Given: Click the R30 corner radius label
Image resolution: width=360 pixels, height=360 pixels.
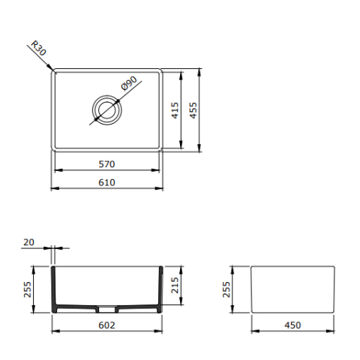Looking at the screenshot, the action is tap(38, 48).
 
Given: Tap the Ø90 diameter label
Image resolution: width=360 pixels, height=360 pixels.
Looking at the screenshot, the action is tap(129, 83).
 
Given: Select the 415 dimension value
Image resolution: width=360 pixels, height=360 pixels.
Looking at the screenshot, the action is tap(175, 110).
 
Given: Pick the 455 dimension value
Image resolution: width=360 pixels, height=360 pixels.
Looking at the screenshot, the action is tap(193, 110).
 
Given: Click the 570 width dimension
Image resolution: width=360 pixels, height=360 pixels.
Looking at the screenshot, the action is tap(106, 164).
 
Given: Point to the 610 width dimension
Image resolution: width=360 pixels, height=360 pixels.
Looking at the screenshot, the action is tap(106, 182).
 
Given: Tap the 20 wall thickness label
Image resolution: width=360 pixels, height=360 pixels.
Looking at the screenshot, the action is tap(28, 242).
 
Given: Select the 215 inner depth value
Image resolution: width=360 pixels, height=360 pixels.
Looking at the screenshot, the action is tap(175, 285).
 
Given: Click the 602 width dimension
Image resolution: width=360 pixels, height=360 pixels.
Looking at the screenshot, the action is tap(106, 325).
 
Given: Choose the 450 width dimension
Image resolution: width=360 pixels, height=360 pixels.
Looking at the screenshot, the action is tap(292, 325).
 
